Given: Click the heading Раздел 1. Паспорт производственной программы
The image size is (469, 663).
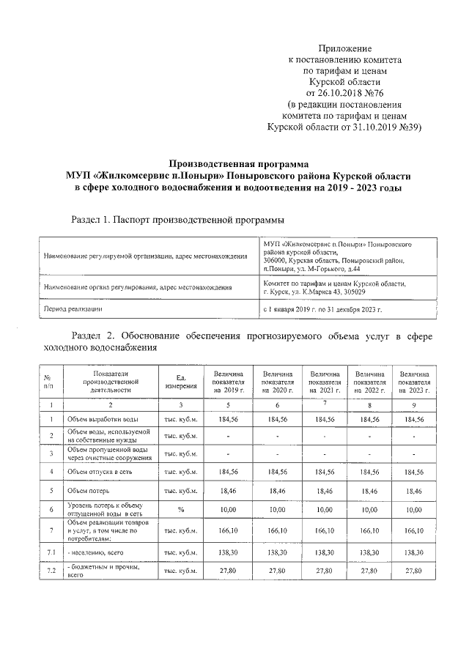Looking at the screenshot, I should (177, 220).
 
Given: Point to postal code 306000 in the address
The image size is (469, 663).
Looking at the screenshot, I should (278, 260).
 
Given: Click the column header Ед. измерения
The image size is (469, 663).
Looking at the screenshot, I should (180, 381).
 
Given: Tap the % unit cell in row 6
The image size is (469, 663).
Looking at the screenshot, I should (180, 509).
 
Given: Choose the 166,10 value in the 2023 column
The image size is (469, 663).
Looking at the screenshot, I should (414, 530).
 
